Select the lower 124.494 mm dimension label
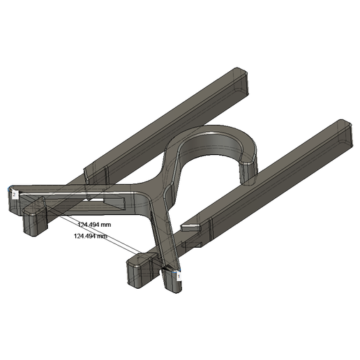pyautogui.click(x=90, y=237)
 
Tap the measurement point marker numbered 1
pyautogui.click(x=179, y=276)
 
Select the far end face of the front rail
pyautogui.click(x=348, y=136)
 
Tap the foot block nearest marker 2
pyautogui.click(x=33, y=222)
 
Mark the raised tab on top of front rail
pyautogui.click(x=190, y=226)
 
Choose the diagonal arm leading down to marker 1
pyautogui.click(x=163, y=237)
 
